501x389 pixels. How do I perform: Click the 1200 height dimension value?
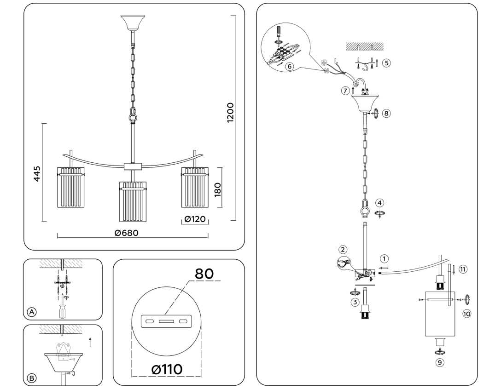click(230, 112)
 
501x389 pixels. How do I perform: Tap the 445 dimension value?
click(37, 174)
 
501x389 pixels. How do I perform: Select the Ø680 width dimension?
click(126, 233)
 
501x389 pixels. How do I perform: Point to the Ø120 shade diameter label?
click(195, 219)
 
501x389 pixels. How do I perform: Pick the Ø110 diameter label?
click(167, 369)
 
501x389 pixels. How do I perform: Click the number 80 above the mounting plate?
click(204, 274)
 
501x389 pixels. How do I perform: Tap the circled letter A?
click(31, 312)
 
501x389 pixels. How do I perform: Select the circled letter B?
click(31, 378)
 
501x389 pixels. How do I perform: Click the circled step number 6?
click(289, 66)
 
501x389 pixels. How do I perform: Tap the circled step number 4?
click(379, 202)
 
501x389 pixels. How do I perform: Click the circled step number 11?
click(463, 269)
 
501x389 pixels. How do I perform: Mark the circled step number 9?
click(440, 363)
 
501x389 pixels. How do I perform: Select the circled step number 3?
click(355, 302)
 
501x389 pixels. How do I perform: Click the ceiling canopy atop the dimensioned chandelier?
click(133, 22)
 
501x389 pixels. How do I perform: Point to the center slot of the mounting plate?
click(167, 320)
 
